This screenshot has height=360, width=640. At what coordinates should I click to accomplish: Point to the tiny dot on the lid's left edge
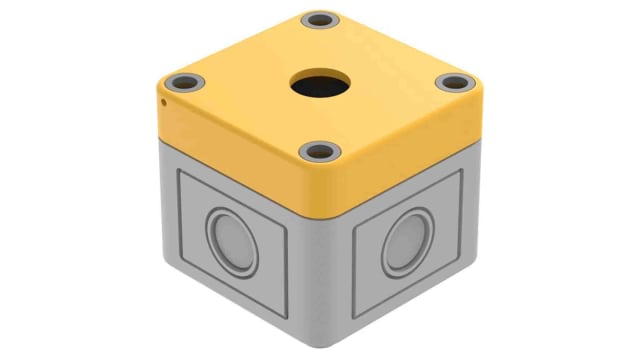162,100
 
